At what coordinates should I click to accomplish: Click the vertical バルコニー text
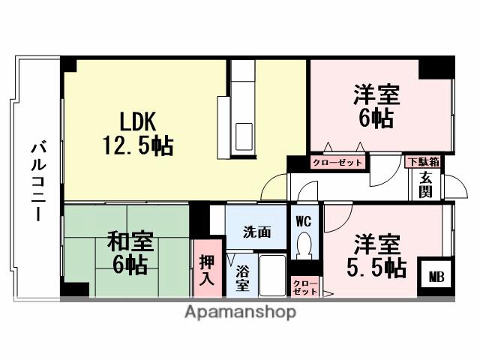pos(36,179)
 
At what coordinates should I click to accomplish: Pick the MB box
pos(436,276)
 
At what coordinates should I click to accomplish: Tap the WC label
pos(303,221)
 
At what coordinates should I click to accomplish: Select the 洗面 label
pos(256,232)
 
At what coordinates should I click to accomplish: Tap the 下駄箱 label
pos(423,161)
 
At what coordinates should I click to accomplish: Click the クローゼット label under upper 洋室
pos(337,162)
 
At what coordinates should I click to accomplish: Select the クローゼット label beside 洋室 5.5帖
pos(304,286)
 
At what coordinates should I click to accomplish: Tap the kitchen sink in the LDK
pos(245,137)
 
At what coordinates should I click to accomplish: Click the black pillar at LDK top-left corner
pos(69,65)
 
